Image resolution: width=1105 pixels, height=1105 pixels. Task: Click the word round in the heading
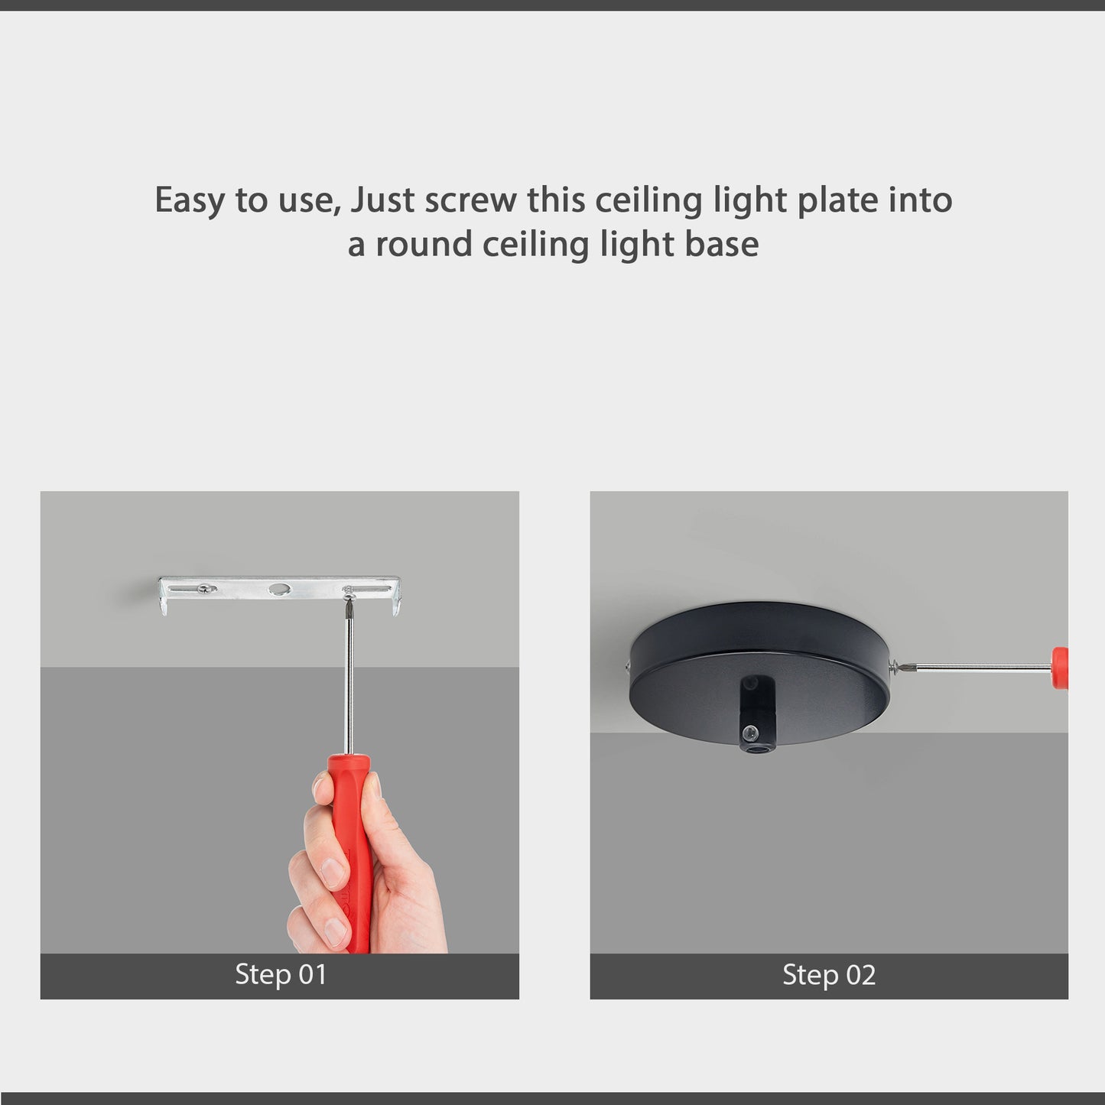pyautogui.click(x=423, y=245)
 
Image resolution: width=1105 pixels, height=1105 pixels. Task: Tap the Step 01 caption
pyautogui.click(x=280, y=975)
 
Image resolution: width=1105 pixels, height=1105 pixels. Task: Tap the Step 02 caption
pyautogui.click(x=829, y=975)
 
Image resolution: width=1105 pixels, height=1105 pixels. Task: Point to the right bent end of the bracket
pyautogui.click(x=395, y=600)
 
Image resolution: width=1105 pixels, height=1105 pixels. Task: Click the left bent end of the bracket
pyautogui.click(x=164, y=600)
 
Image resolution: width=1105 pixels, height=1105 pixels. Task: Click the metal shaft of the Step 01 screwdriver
pyautogui.click(x=349, y=688)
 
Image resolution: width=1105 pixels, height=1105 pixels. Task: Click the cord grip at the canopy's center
pyautogui.click(x=755, y=715)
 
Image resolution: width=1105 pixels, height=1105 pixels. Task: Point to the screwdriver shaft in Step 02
pyautogui.click(x=979, y=668)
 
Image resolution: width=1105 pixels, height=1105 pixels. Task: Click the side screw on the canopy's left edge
pyautogui.click(x=629, y=665)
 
